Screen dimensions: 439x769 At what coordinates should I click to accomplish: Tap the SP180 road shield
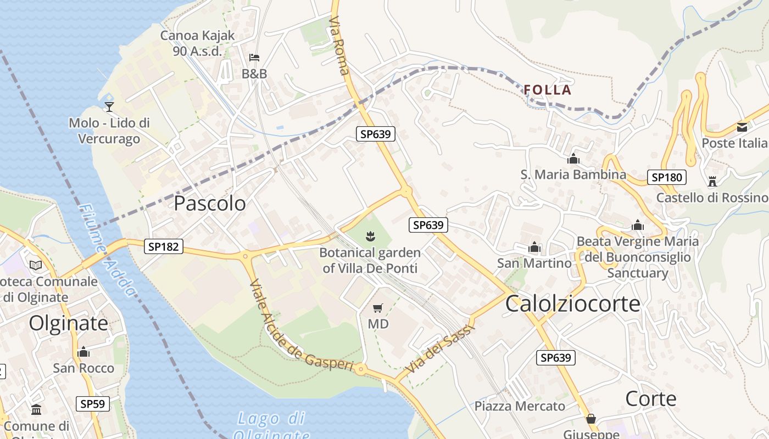(667, 177)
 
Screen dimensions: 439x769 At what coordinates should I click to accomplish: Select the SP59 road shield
(92, 404)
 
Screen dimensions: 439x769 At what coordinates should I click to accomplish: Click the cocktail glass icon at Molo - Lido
(109, 106)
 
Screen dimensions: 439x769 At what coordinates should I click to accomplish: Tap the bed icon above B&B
(254, 57)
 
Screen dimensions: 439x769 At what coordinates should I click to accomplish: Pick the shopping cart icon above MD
(377, 308)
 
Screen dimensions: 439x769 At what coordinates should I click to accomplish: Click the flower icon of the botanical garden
(370, 237)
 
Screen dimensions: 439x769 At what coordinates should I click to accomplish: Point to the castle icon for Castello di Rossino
(712, 181)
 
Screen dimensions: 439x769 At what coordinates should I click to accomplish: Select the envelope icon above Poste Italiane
(742, 127)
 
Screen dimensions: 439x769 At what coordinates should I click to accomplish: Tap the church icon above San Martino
(534, 247)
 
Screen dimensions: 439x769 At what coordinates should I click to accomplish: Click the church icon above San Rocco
(83, 351)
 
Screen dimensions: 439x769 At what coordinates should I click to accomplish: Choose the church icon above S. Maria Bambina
(573, 159)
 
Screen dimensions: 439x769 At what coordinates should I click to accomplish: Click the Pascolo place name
(210, 204)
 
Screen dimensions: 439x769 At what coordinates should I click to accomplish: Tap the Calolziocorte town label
(572, 303)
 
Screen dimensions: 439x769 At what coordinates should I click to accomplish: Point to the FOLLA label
(548, 90)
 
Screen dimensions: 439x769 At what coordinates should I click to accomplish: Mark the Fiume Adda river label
(107, 250)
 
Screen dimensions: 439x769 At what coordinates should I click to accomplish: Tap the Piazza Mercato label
(520, 406)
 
